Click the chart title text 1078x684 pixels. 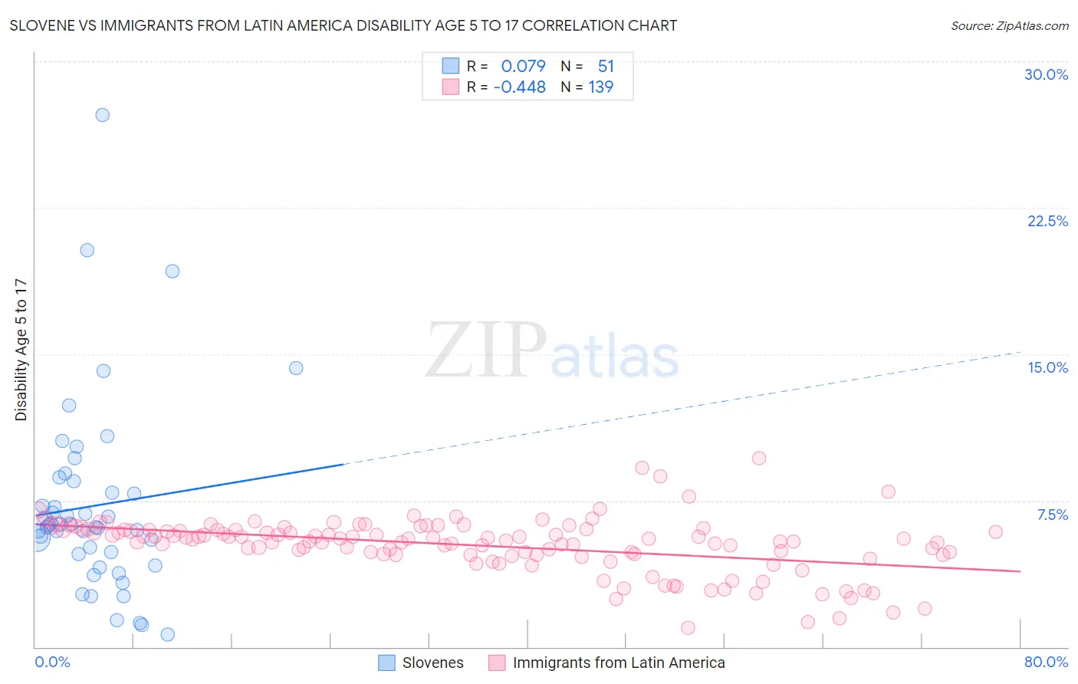click(343, 25)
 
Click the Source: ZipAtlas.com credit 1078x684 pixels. click(1009, 25)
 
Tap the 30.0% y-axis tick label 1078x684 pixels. click(1046, 74)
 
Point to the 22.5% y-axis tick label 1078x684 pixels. click(1047, 221)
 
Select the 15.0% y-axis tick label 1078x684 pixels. click(1047, 367)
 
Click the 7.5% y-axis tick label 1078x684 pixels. click(1052, 515)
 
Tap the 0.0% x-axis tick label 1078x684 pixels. click(52, 662)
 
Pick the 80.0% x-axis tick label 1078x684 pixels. click(1046, 662)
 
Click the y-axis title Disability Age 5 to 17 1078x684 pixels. click(21, 350)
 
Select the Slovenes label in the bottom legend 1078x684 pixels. click(432, 663)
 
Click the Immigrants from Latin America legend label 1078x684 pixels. click(618, 663)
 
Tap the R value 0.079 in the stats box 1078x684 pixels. click(523, 66)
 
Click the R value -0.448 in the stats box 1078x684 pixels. click(519, 87)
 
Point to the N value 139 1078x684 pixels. click(600, 87)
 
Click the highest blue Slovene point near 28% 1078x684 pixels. click(102, 115)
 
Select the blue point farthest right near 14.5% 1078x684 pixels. click(296, 368)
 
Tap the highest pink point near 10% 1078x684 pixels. click(759, 458)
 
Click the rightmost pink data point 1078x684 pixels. click(995, 531)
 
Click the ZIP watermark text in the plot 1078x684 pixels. click(486, 350)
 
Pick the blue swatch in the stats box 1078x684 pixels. click(450, 66)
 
